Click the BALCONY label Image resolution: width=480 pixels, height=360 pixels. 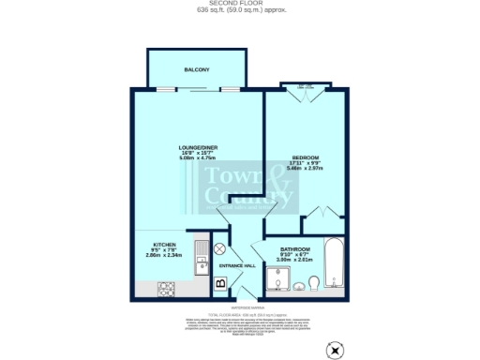click(196, 69)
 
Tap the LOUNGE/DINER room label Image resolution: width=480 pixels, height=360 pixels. click(198, 148)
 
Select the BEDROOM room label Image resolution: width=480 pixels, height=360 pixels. click(306, 157)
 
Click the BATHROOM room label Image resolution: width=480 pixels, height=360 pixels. click(293, 248)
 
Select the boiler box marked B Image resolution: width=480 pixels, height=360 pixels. click(221, 281)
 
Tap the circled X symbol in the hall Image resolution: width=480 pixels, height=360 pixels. click(219, 249)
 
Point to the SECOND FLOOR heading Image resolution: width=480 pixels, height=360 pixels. click(240, 4)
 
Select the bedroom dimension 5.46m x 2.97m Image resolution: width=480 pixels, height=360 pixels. click(306, 168)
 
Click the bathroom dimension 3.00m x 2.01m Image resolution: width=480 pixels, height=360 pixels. click(293, 260)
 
